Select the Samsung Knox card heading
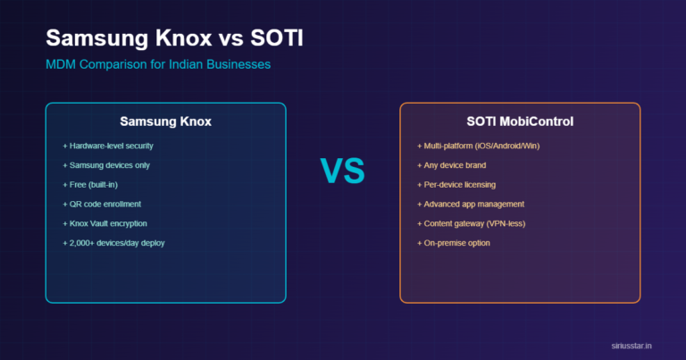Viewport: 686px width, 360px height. [165, 121]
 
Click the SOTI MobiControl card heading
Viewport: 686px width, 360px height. [520, 121]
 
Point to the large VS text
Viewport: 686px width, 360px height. [342, 170]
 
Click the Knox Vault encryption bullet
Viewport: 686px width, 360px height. [105, 223]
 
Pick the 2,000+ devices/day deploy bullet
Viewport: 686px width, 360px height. [113, 243]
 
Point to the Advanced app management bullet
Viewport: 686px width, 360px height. [471, 204]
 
